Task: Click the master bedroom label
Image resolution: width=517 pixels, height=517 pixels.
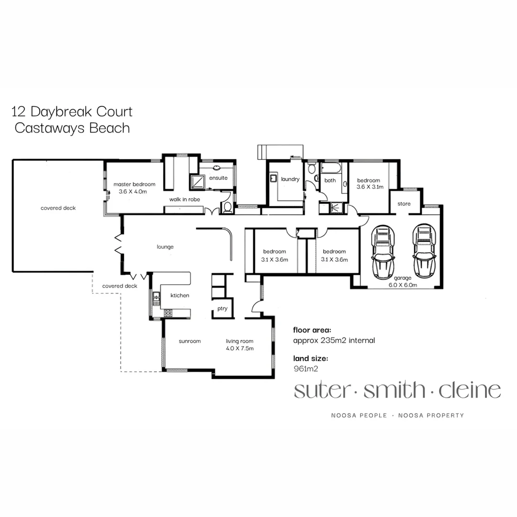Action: click(x=134, y=184)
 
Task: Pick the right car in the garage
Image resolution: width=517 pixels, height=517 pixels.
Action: click(x=424, y=250)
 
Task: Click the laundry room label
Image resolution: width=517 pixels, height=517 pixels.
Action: click(x=290, y=180)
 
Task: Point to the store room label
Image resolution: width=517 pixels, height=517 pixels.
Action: click(x=404, y=204)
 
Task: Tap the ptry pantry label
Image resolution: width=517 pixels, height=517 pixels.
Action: click(x=222, y=309)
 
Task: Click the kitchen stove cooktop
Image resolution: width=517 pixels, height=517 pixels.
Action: click(x=169, y=313)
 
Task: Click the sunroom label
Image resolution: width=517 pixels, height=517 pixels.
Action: click(x=190, y=341)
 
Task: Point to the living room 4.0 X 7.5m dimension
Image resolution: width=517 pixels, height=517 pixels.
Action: click(x=240, y=348)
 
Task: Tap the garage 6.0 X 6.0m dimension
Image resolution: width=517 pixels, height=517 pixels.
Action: click(x=403, y=285)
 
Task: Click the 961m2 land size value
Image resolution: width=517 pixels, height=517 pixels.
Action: click(x=305, y=369)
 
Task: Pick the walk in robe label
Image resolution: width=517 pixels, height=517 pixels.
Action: click(x=184, y=199)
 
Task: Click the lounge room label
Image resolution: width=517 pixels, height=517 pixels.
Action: click(x=165, y=247)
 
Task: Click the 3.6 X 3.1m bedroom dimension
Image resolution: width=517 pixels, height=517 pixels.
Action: click(x=370, y=187)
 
